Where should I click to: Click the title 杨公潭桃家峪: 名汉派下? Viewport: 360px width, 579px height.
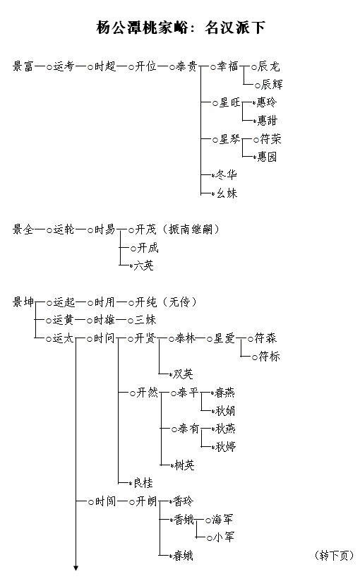click(181, 28)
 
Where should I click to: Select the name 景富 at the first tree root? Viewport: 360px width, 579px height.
click(23, 66)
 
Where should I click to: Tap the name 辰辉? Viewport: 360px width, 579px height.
click(272, 85)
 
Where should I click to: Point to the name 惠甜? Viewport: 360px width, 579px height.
click(267, 120)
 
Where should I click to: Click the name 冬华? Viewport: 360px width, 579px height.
click(227, 174)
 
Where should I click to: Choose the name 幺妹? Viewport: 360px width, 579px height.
click(227, 193)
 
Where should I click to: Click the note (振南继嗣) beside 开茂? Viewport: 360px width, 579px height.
click(191, 229)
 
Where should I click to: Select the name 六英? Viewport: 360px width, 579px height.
click(143, 265)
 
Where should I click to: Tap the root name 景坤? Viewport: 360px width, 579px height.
click(23, 302)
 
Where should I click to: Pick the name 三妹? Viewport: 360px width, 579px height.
click(145, 320)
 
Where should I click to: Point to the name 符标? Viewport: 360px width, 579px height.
click(269, 357)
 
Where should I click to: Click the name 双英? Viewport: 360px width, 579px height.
click(183, 374)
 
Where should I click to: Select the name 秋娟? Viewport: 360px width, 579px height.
click(225, 410)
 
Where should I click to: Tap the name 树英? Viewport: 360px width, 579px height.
click(184, 465)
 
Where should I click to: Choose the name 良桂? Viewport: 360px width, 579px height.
click(143, 483)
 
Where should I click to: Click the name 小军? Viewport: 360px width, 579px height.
click(224, 537)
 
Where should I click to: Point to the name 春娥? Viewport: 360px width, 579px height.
click(183, 556)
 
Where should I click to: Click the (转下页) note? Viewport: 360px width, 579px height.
click(335, 556)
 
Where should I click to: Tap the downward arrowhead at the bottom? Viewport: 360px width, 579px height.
click(76, 568)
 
